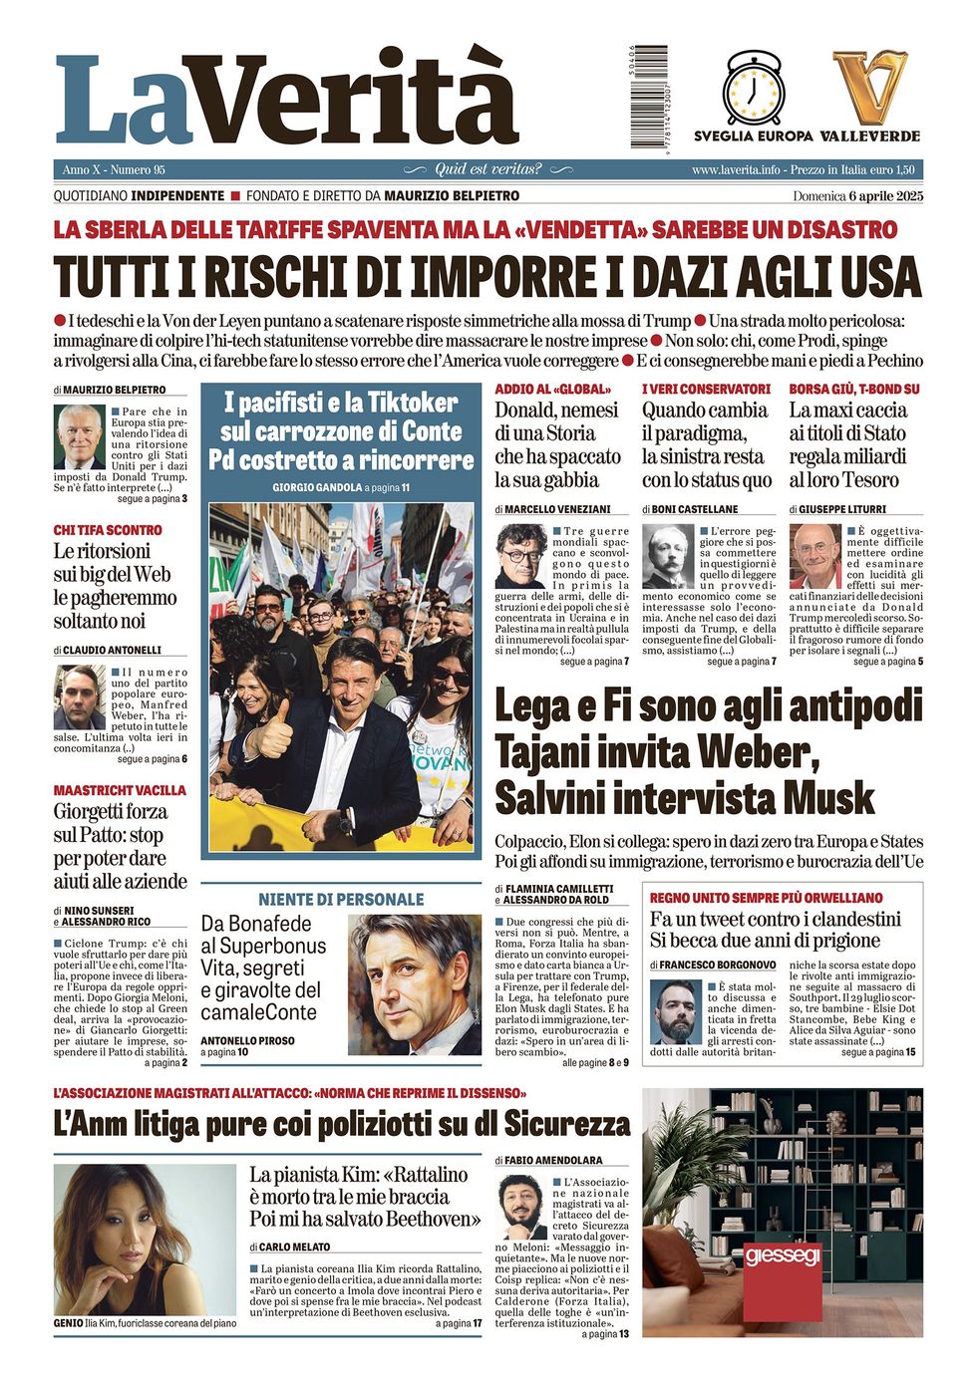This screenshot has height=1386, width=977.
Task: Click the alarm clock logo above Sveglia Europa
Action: coord(753,88)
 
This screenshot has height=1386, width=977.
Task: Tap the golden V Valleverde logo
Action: coord(870,88)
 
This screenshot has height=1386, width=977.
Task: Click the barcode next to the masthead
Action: coord(649,96)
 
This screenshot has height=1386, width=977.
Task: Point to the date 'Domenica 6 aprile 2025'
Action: coord(857,196)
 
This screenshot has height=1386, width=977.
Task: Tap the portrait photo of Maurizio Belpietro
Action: coord(79,436)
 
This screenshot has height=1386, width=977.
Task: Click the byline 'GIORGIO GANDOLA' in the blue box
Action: coord(316,488)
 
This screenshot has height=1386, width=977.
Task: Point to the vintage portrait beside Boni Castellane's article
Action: coord(668,556)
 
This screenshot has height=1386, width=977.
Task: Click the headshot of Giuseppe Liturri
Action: coord(815,556)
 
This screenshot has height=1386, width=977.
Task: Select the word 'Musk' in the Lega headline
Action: coord(827,798)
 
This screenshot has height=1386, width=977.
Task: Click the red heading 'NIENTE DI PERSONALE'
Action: coord(341,899)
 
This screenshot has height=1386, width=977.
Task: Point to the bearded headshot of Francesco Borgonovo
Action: coord(675,1012)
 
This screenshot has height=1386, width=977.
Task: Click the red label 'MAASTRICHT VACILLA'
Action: coord(120,790)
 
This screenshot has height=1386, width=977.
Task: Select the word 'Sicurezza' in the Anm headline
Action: coord(566,1124)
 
